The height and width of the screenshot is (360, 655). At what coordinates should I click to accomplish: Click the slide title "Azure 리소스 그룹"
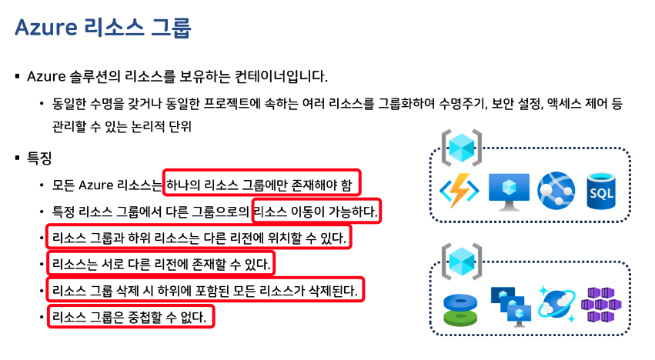point(102,28)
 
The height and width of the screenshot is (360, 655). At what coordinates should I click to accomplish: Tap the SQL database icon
point(601,189)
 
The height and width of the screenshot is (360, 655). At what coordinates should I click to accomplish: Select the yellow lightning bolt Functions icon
point(460,190)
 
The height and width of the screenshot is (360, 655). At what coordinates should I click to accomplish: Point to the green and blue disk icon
point(461,308)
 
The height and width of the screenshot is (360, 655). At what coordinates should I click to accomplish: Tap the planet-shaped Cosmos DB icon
point(556,306)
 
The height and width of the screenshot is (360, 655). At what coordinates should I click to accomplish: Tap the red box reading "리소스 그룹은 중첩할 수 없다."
point(129,315)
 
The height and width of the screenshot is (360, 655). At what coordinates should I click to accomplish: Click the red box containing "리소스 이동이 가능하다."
point(316,210)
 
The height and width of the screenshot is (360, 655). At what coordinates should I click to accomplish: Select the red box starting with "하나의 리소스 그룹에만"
point(262,185)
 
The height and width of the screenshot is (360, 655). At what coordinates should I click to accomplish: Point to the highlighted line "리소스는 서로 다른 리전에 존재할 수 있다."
point(161,265)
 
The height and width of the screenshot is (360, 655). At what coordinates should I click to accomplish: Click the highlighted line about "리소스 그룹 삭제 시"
point(205,291)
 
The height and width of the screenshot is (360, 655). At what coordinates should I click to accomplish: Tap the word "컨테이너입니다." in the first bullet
point(283,76)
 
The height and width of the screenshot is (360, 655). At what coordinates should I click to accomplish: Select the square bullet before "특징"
point(17,158)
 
